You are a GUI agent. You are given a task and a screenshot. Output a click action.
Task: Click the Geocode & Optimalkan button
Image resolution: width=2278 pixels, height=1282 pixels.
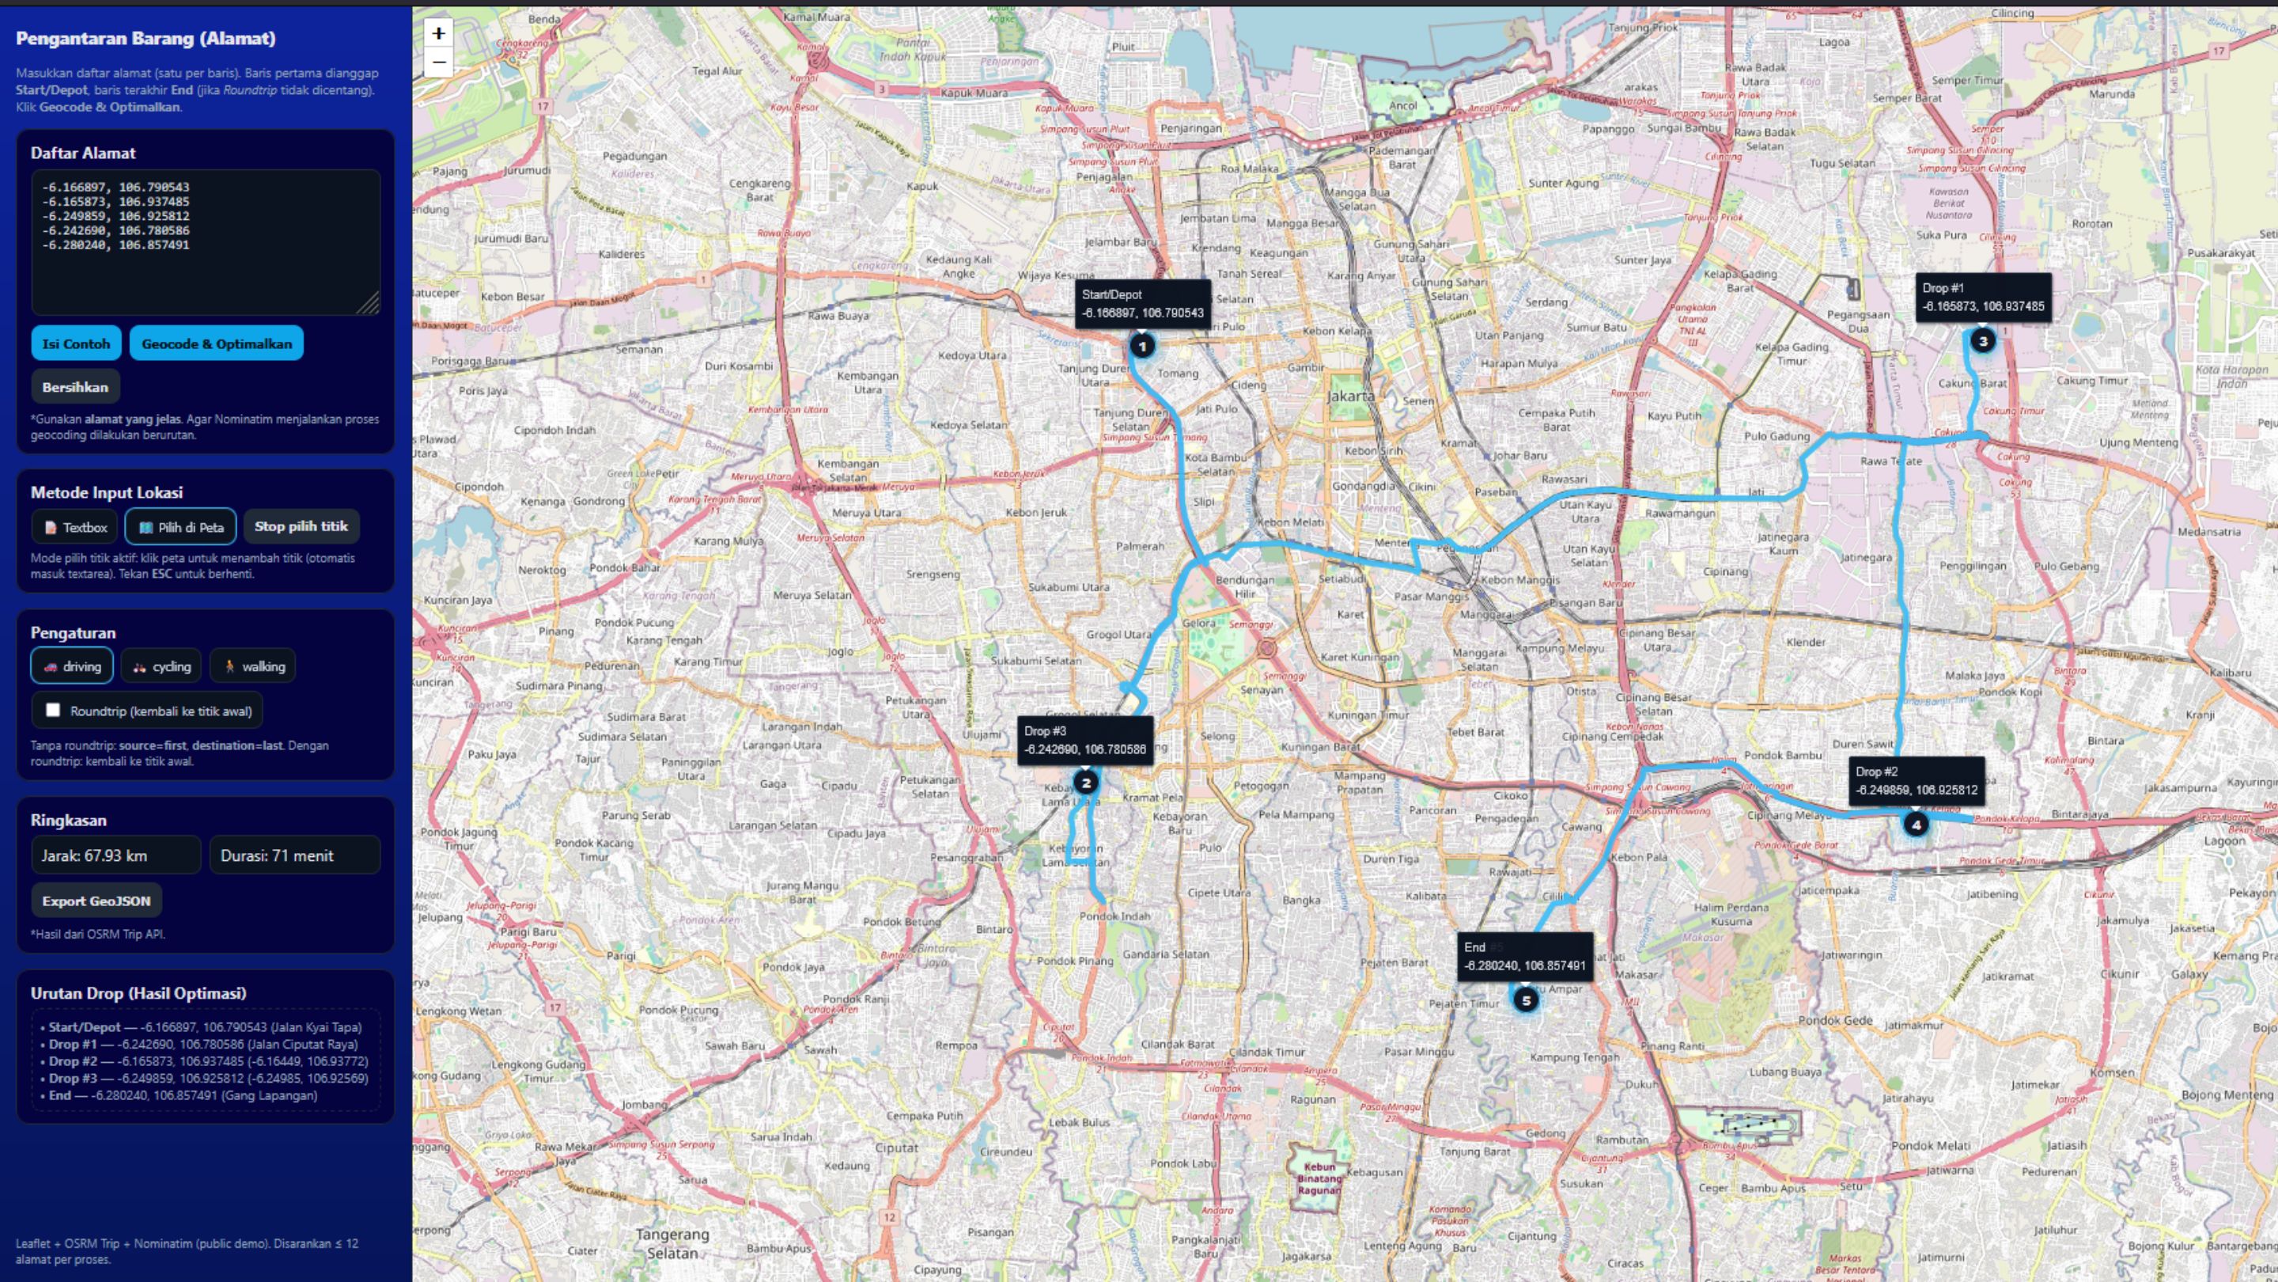[216, 343]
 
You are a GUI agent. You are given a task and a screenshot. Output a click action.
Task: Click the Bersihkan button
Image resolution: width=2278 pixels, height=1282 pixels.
[75, 387]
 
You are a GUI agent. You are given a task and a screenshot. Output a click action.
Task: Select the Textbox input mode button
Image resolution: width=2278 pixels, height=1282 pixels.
[76, 527]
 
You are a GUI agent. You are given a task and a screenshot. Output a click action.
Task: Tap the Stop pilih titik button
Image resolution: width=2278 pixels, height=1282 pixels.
[301, 526]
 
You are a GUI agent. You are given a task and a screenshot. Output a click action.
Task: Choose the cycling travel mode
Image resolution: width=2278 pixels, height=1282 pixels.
[162, 666]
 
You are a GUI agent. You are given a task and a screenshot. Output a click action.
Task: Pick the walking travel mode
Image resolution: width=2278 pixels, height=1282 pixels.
[253, 666]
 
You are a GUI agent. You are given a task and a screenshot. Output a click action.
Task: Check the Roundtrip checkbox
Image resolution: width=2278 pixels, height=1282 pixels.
[53, 710]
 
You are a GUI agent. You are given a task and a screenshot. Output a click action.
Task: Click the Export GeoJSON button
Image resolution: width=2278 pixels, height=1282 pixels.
[96, 901]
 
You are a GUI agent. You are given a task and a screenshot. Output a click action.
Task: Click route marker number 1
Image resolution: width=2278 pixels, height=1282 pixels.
[1141, 346]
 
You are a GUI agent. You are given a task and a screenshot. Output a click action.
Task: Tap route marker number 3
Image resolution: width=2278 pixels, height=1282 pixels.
[1983, 340]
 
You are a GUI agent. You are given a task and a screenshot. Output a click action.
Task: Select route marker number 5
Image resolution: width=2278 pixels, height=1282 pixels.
[1526, 999]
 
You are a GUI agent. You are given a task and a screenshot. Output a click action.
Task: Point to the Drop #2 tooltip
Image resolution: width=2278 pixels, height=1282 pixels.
[1916, 780]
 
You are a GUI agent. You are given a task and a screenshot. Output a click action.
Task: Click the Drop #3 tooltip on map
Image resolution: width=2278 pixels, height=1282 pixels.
[1084, 740]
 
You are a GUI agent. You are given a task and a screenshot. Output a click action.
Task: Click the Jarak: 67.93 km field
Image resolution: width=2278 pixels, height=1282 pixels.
[115, 855]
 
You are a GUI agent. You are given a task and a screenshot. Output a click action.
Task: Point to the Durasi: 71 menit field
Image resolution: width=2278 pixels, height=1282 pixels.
[294, 855]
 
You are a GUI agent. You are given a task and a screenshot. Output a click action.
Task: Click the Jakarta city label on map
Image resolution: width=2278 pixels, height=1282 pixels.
[1350, 396]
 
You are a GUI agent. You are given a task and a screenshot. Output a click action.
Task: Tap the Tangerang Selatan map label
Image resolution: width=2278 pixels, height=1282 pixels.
[672, 1243]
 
